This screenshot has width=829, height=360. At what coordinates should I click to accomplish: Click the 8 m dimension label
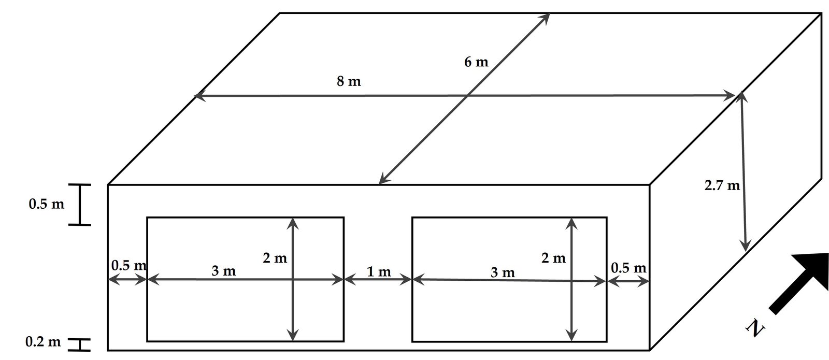point(348,82)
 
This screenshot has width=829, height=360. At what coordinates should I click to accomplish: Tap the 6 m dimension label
point(476,63)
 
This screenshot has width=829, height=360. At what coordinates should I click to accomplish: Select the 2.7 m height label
point(722,185)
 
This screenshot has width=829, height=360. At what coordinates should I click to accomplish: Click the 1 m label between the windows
point(379,271)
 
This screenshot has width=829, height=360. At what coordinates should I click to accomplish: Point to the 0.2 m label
point(43,342)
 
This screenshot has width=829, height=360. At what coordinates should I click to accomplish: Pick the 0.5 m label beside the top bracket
point(47,204)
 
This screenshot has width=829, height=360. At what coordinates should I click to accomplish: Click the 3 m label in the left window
point(224,271)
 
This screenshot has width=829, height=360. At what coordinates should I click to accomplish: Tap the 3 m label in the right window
point(503,272)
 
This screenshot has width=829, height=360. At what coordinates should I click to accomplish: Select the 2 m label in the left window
point(275,258)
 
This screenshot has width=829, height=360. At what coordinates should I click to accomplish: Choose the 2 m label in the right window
point(553,258)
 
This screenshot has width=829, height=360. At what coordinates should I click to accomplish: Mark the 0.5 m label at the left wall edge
point(128,266)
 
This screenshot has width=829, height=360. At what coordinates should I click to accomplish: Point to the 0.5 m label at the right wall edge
point(628,268)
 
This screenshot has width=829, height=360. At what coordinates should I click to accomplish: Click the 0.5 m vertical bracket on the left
point(80,205)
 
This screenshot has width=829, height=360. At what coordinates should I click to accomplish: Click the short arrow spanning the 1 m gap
point(378,280)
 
